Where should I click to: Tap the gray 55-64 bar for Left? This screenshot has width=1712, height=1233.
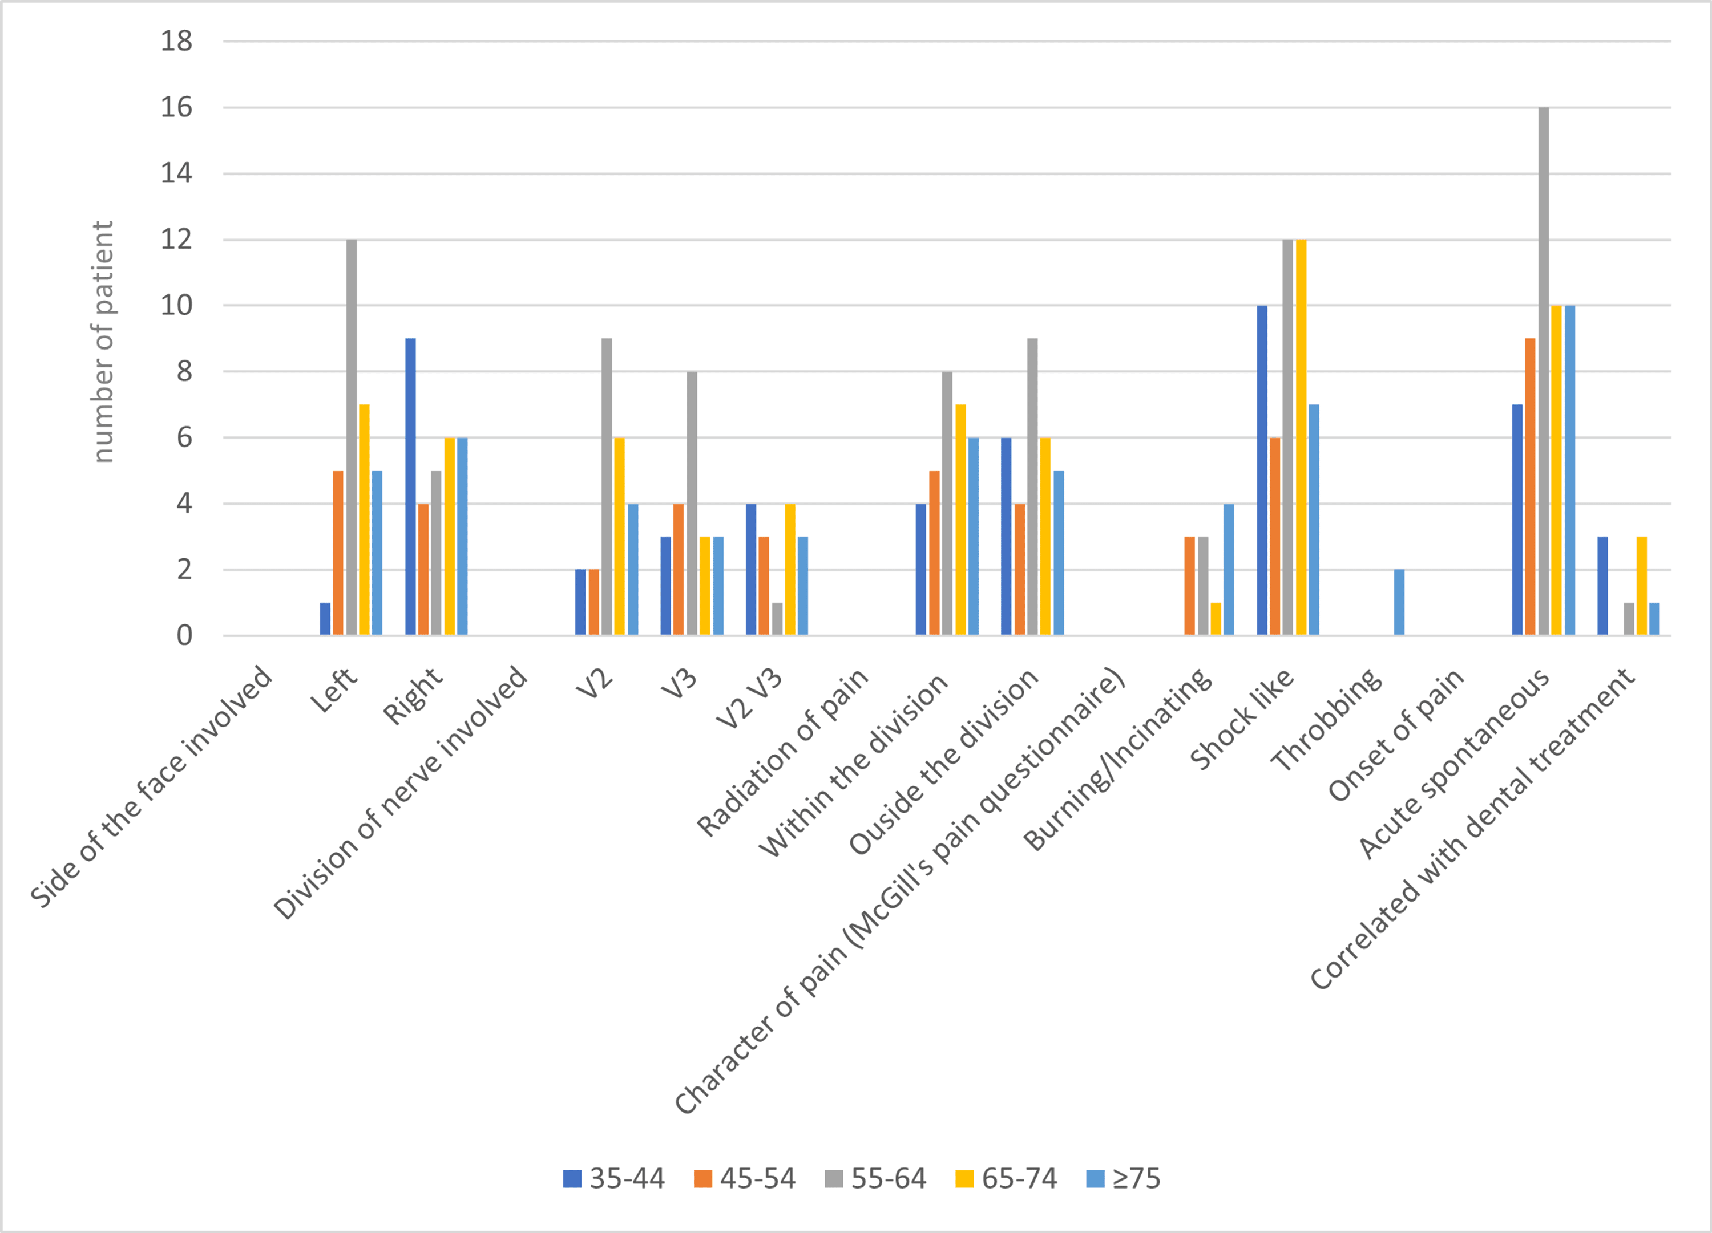(351, 437)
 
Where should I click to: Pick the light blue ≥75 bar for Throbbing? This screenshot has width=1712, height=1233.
(1399, 602)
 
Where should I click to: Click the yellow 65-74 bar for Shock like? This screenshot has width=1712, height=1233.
(1301, 437)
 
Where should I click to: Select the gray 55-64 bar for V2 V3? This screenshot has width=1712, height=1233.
(777, 619)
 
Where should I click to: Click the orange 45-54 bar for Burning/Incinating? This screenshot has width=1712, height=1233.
(1190, 586)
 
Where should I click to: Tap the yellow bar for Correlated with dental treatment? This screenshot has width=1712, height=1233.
(1641, 586)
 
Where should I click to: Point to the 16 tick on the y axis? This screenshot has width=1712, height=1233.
(176, 107)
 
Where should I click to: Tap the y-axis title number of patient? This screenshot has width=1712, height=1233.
(103, 341)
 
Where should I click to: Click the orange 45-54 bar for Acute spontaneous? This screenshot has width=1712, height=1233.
(1530, 486)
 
